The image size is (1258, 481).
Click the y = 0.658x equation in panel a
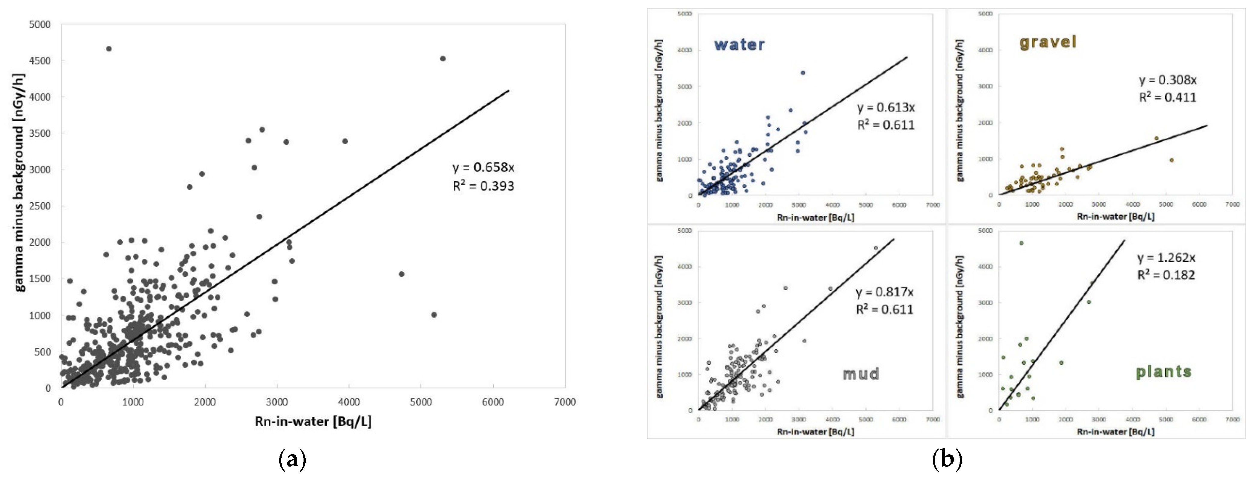tap(483, 168)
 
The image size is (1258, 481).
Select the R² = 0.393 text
tap(483, 186)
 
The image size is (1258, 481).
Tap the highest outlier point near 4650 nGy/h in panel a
tap(108, 49)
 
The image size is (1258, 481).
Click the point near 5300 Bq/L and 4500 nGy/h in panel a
tap(443, 59)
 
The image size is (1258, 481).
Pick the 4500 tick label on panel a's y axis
tap(40, 61)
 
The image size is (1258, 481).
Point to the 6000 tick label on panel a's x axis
tap(493, 402)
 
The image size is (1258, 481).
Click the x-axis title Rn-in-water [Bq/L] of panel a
tap(313, 421)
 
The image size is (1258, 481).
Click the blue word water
tap(739, 44)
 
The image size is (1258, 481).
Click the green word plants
tap(1163, 372)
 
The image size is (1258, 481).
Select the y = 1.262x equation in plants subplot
tap(1166, 258)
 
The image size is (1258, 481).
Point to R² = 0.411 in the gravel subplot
tap(1168, 97)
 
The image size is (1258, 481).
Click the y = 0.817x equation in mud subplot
tap(885, 292)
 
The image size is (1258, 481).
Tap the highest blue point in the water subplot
tap(802, 73)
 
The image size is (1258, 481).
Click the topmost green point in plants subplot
tap(1021, 243)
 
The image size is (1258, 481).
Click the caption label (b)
tap(947, 460)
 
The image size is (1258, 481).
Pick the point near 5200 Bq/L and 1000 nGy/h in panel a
tap(434, 315)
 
